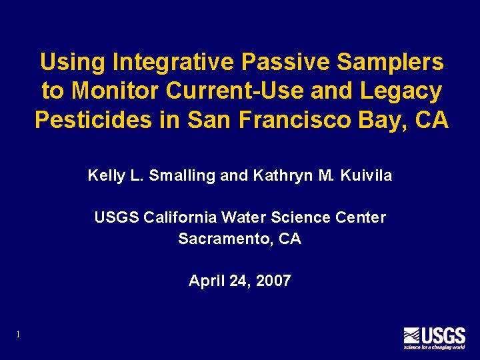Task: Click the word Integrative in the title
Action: (x=174, y=63)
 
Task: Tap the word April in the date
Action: (x=205, y=281)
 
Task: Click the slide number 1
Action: (x=18, y=334)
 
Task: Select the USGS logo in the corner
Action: (x=433, y=337)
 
